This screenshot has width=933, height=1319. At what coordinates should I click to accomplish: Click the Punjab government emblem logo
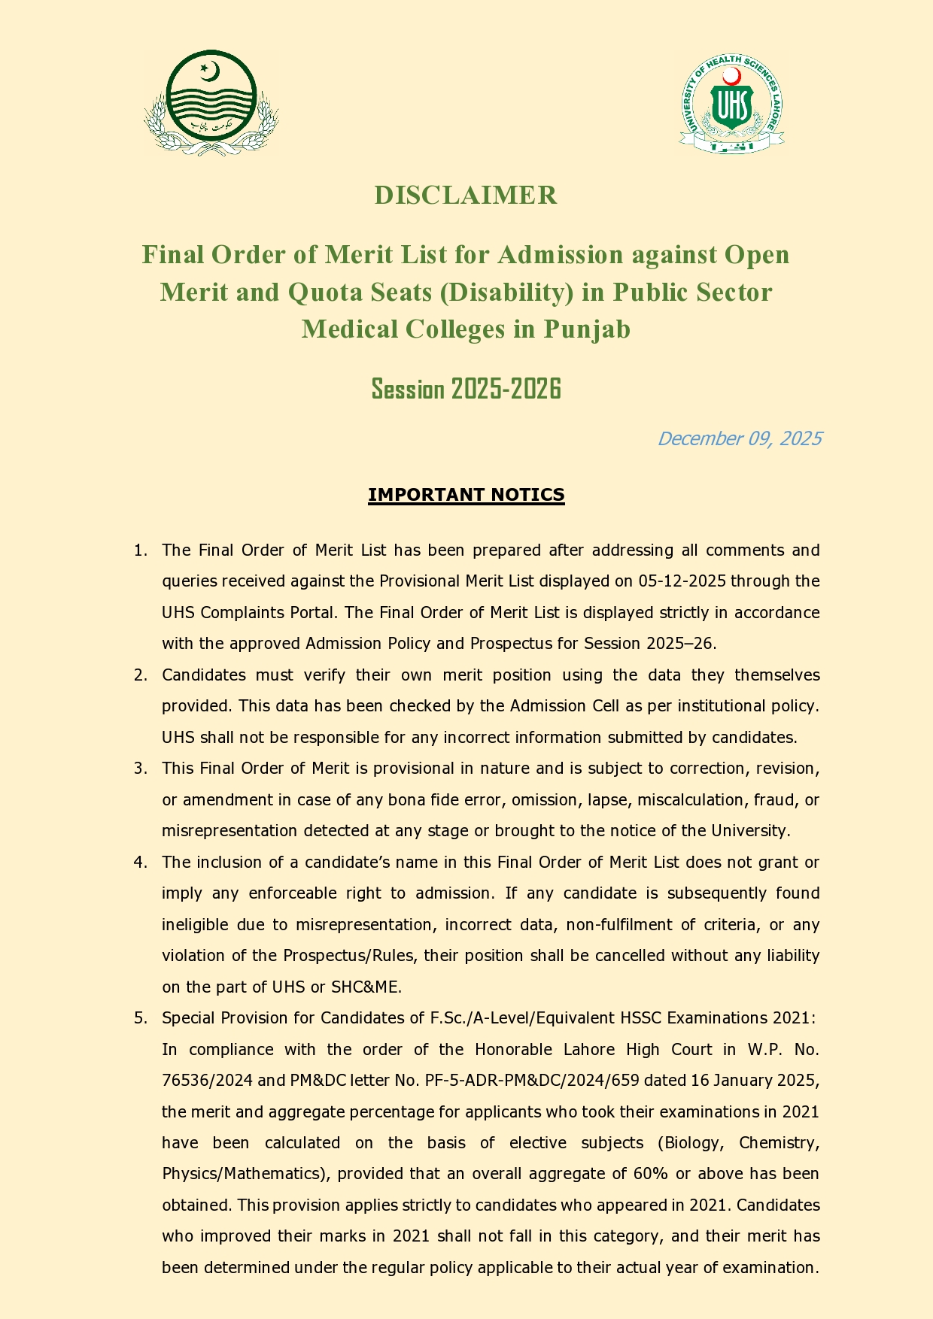211,102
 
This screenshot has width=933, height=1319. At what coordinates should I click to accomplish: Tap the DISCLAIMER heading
466,196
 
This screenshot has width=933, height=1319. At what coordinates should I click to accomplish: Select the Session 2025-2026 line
466,390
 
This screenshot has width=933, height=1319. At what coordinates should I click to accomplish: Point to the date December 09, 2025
740,438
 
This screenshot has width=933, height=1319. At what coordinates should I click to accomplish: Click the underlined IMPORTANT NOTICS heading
466,495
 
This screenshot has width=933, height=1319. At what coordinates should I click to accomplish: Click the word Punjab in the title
587,329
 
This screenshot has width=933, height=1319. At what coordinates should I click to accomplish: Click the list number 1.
139,550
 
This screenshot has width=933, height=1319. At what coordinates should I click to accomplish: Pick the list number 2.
139,675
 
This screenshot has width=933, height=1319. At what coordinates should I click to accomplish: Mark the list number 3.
139,769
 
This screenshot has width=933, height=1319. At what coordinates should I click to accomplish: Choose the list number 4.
139,863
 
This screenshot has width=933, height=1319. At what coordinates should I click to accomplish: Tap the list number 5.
139,1018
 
